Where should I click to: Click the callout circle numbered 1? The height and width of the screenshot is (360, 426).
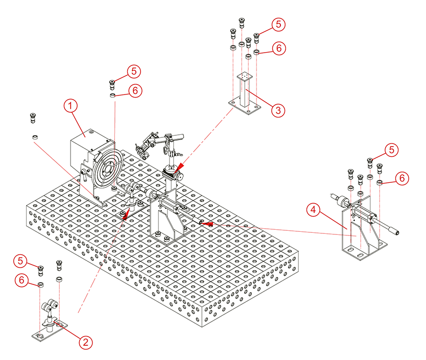pyautogui.click(x=71, y=106)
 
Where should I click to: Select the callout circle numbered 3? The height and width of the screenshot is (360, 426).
pyautogui.click(x=277, y=109)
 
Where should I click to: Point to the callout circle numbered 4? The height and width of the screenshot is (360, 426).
pyautogui.click(x=314, y=209)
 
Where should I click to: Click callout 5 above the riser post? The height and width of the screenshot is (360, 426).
pyautogui.click(x=278, y=23)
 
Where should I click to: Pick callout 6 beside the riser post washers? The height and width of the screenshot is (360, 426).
pyautogui.click(x=278, y=49)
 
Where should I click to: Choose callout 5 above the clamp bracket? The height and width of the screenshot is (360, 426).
pyautogui.click(x=391, y=150)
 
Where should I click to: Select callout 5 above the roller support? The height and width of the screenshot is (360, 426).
pyautogui.click(x=21, y=260)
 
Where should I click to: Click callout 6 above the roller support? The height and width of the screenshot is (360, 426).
pyautogui.click(x=21, y=280)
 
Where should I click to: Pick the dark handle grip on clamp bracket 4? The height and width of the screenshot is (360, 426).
pyautogui.click(x=393, y=231)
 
